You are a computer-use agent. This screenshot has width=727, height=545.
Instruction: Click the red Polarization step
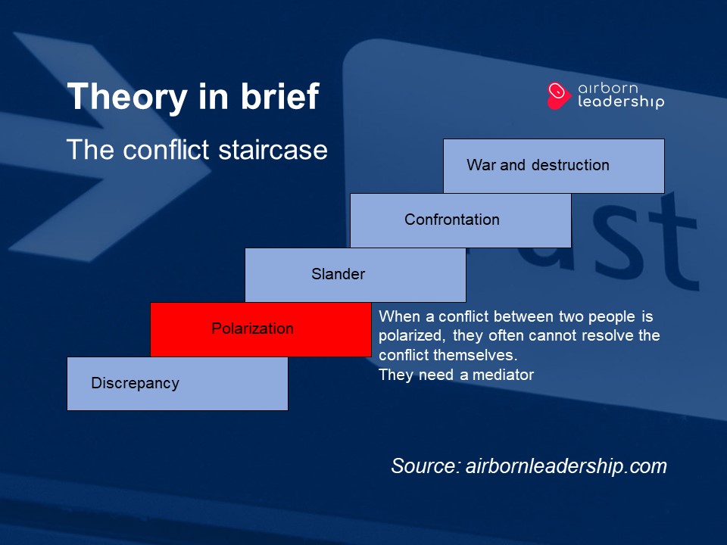pyautogui.click(x=261, y=329)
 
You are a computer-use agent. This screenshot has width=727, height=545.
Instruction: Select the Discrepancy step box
pyautogui.click(x=177, y=384)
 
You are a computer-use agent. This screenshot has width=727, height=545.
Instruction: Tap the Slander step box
pyautogui.click(x=356, y=275)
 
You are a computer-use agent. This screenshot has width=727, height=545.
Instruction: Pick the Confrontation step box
pyautogui.click(x=461, y=220)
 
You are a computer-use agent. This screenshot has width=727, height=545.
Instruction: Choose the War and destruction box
pyautogui.click(x=554, y=166)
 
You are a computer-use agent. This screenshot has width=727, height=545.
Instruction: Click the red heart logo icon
pyautogui.click(x=558, y=95)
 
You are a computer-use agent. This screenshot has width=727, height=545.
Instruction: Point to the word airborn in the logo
pyautogui.click(x=608, y=88)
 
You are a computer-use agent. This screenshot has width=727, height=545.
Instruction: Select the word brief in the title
pyautogui.click(x=279, y=96)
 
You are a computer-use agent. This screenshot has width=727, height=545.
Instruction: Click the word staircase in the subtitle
pyautogui.click(x=273, y=150)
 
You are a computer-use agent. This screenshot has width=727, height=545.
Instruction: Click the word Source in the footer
pyautogui.click(x=426, y=466)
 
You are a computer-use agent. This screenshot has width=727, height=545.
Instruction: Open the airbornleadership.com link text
pyautogui.click(x=566, y=466)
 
